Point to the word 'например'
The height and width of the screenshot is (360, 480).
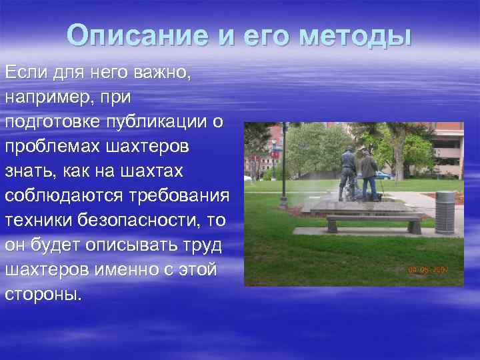click(46, 97)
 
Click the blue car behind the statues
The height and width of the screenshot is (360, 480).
click(383, 175)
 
